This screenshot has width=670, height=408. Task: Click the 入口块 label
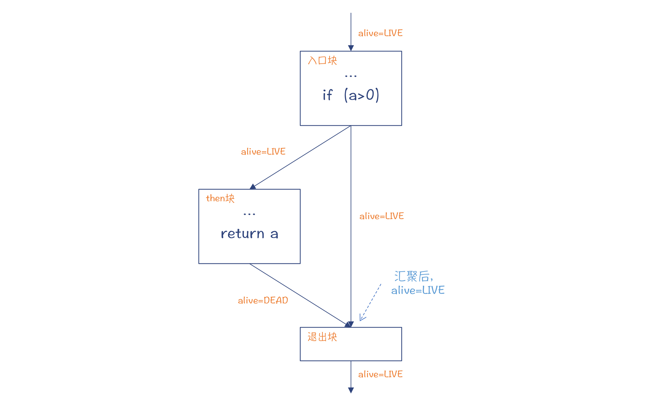[322, 60]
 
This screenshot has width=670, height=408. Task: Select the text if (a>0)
[351, 95]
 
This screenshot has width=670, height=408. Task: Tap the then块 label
[220, 198]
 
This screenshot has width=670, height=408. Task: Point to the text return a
[249, 234]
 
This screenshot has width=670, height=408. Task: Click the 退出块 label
[322, 337]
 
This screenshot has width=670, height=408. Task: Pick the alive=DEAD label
[263, 300]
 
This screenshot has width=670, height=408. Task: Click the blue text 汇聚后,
[414, 276]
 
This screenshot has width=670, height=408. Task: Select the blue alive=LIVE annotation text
[418, 290]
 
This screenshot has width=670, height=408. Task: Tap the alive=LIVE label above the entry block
[380, 33]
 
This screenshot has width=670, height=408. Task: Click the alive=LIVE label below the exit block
[380, 374]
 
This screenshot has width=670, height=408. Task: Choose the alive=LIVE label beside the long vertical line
[381, 216]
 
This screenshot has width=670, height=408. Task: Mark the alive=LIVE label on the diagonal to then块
[263, 152]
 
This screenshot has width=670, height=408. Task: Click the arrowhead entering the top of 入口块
[351, 48]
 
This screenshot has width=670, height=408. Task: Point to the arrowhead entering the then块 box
[253, 187]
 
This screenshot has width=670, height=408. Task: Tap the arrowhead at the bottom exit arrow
[351, 390]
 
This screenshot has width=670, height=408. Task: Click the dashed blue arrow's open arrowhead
[362, 318]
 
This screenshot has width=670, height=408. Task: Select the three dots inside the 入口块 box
[351, 76]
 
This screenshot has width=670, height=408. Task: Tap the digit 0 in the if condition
[370, 95]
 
